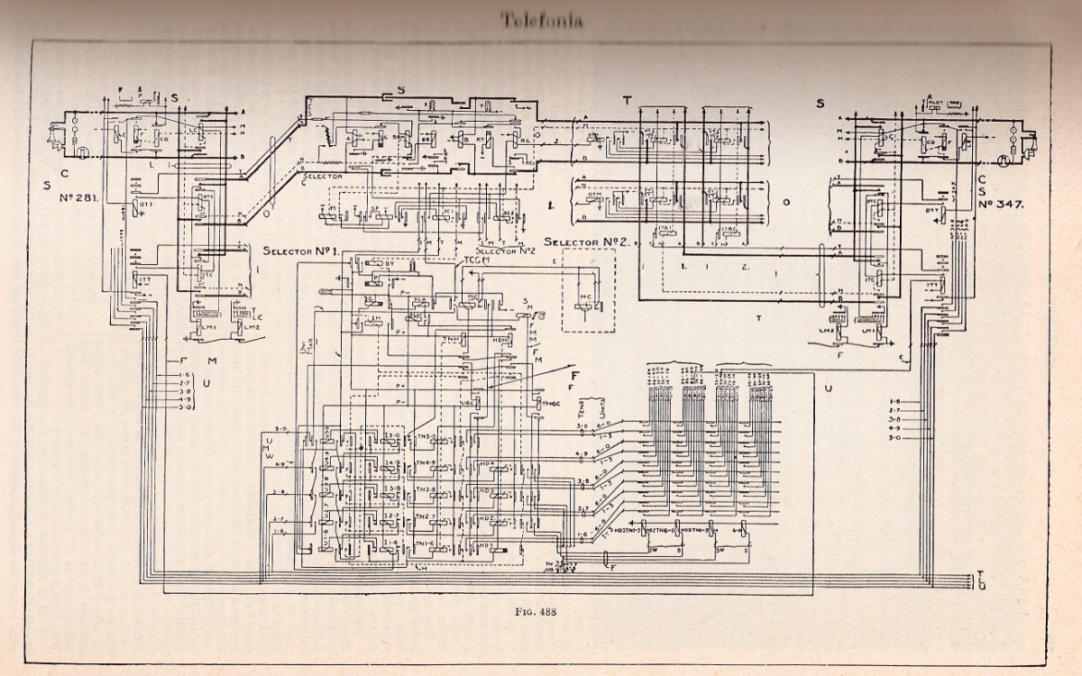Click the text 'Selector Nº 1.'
(300, 250)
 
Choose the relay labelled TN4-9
(426, 463)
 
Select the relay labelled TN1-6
(426, 544)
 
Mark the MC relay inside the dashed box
(585, 306)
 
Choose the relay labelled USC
(469, 401)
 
